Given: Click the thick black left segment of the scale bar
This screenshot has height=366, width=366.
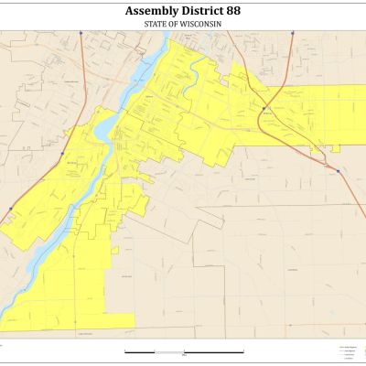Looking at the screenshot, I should pos(140,351).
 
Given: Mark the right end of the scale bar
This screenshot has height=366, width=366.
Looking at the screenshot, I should pos(242,351).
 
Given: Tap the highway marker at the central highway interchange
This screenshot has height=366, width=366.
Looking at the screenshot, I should pos(263,108).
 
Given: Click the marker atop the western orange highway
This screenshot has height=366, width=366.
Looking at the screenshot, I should pos(81,33).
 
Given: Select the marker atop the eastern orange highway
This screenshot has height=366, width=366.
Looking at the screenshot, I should pos(293,33).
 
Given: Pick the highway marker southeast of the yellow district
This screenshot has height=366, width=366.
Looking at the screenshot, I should pos(338,170).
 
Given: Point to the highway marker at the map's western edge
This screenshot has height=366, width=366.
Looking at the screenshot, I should pos(9,209).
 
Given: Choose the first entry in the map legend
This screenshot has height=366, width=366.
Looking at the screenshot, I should pos(346,348).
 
